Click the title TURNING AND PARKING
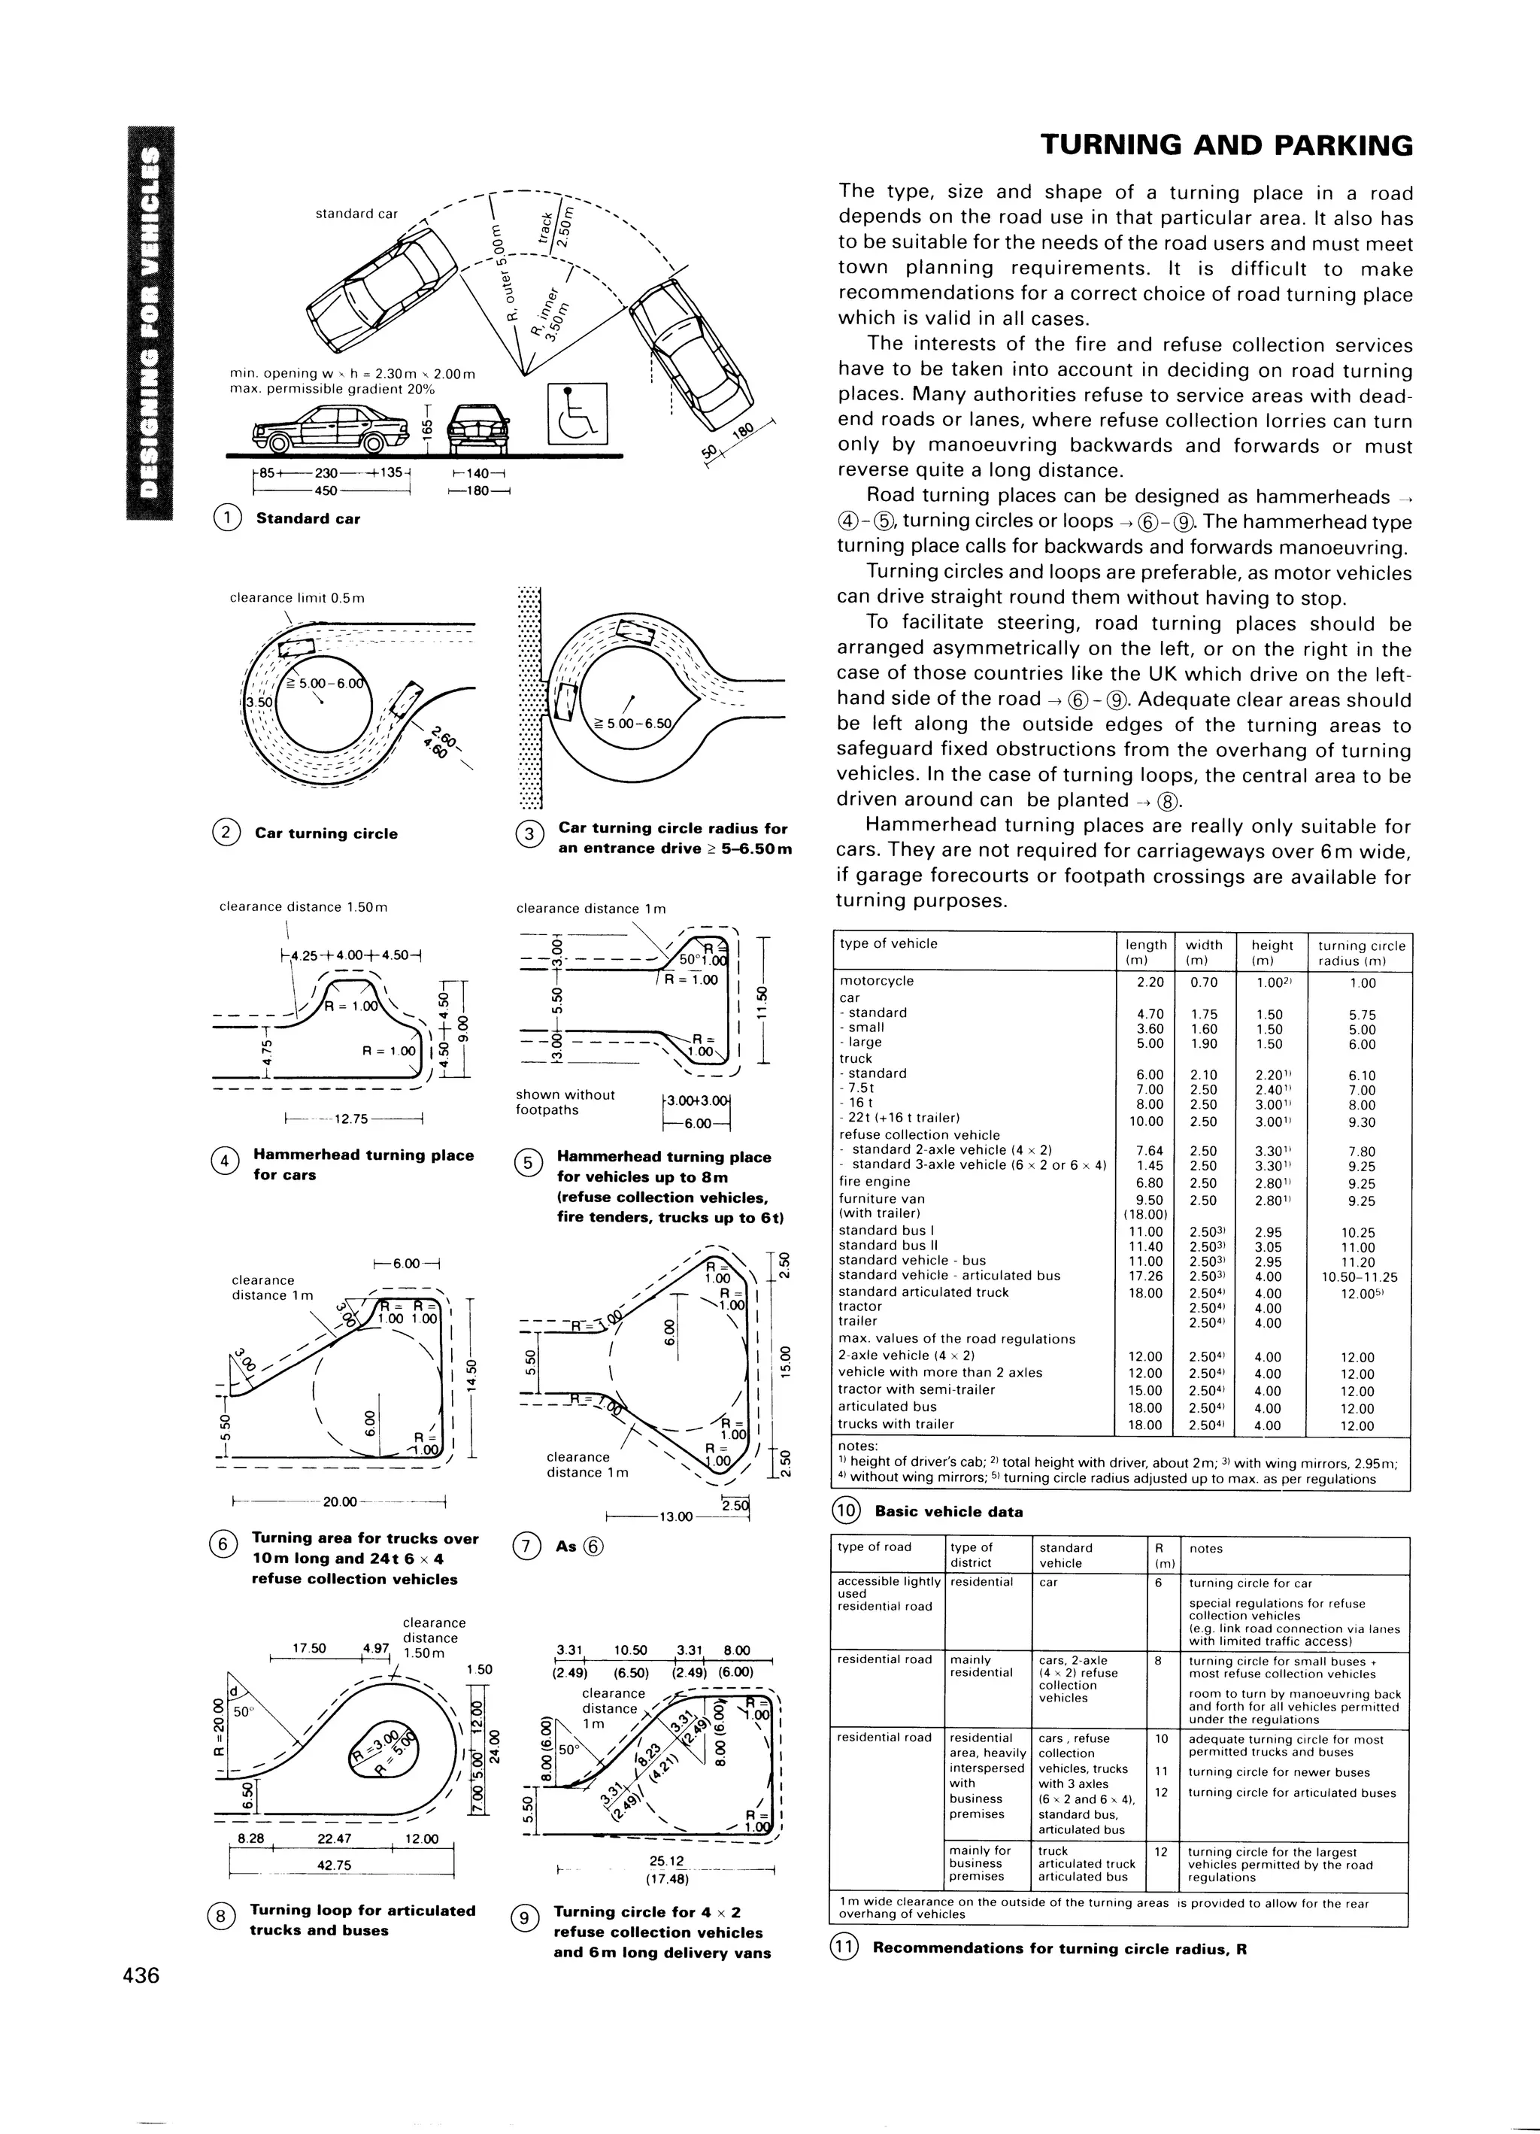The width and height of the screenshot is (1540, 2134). point(1226,146)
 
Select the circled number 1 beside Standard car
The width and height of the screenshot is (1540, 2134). point(228,518)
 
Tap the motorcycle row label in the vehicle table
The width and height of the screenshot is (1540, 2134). point(877,980)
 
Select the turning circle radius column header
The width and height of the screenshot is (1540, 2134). point(1361,952)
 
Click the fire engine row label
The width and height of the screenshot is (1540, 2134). point(875,1182)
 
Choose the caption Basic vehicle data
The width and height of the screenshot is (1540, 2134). point(948,1512)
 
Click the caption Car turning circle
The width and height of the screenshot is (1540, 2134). point(326,833)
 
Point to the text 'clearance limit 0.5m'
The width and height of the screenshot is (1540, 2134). point(297,597)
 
